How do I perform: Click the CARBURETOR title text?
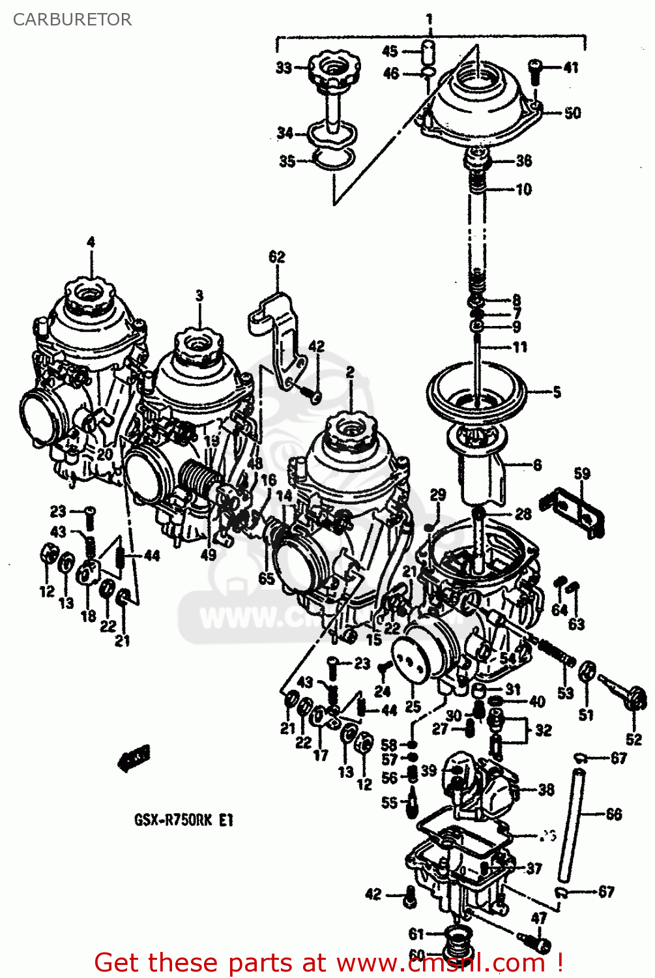[72, 20]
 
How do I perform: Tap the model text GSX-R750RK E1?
[183, 820]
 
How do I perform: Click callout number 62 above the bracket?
[277, 256]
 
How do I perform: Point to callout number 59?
[582, 474]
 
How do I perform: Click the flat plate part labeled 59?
[579, 512]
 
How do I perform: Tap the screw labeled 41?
[534, 70]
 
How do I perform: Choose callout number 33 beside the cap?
[284, 67]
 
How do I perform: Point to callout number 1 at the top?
[429, 20]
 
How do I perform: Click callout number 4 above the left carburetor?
[91, 242]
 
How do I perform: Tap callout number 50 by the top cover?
[572, 113]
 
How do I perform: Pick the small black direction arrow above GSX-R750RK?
[133, 758]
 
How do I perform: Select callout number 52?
[633, 739]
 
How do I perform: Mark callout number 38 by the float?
[546, 790]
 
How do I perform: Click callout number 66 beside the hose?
[613, 814]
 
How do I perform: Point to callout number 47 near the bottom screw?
[538, 918]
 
